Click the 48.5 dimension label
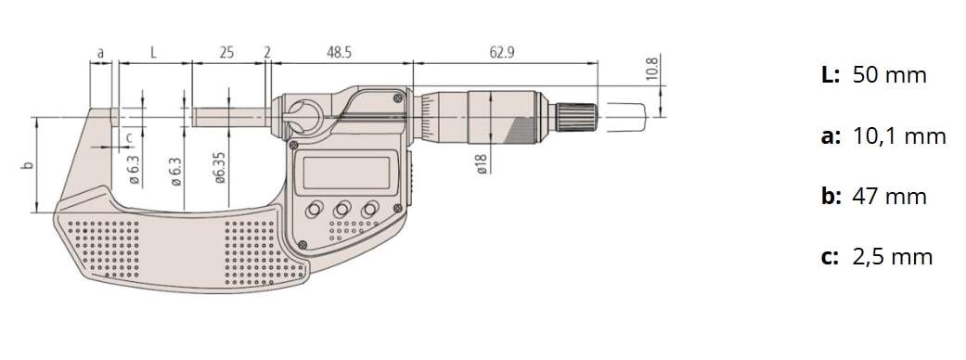tap(339, 52)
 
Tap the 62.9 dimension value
tap(502, 52)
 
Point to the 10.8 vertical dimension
tap(653, 69)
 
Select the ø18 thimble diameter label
tap(482, 163)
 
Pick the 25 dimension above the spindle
tap(226, 52)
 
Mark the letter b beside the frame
tap(27, 165)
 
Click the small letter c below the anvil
tap(129, 137)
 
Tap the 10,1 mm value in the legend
tap(899, 136)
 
